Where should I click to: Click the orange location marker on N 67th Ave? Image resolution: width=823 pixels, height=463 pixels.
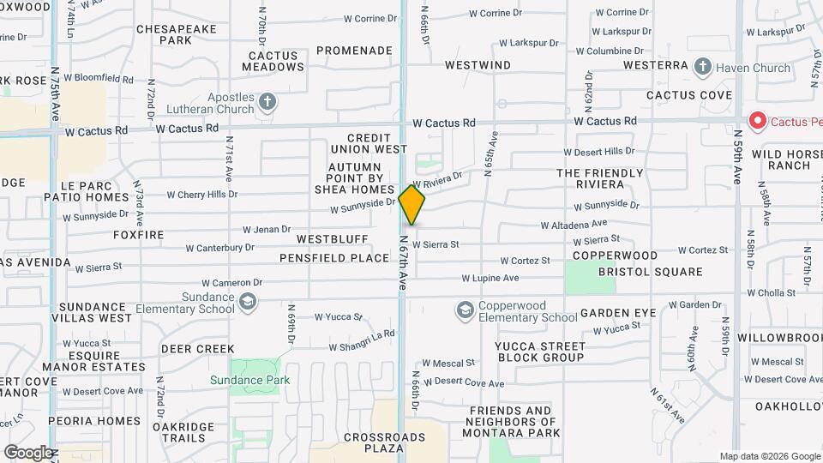(x=412, y=204)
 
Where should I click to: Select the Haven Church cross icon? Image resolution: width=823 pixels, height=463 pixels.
(x=703, y=68)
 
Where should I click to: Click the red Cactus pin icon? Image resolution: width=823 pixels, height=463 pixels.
(x=757, y=121)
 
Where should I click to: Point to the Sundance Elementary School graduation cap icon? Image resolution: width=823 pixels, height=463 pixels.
(x=248, y=302)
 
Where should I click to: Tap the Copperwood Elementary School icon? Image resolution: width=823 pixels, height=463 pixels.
(x=466, y=310)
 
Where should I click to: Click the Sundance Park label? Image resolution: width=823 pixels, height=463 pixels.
(x=249, y=380)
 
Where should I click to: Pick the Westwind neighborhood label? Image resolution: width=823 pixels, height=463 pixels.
(x=478, y=65)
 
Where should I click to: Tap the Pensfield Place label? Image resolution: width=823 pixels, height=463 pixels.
(x=334, y=258)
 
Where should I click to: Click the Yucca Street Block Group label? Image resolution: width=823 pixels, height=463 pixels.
(x=527, y=352)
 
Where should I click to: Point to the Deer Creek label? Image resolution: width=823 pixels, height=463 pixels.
(x=197, y=349)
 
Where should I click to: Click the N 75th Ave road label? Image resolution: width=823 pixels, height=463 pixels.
(x=56, y=94)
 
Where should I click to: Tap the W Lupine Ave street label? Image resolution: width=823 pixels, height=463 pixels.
(x=490, y=278)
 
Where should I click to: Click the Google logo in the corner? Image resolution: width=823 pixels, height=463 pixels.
(x=27, y=452)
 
